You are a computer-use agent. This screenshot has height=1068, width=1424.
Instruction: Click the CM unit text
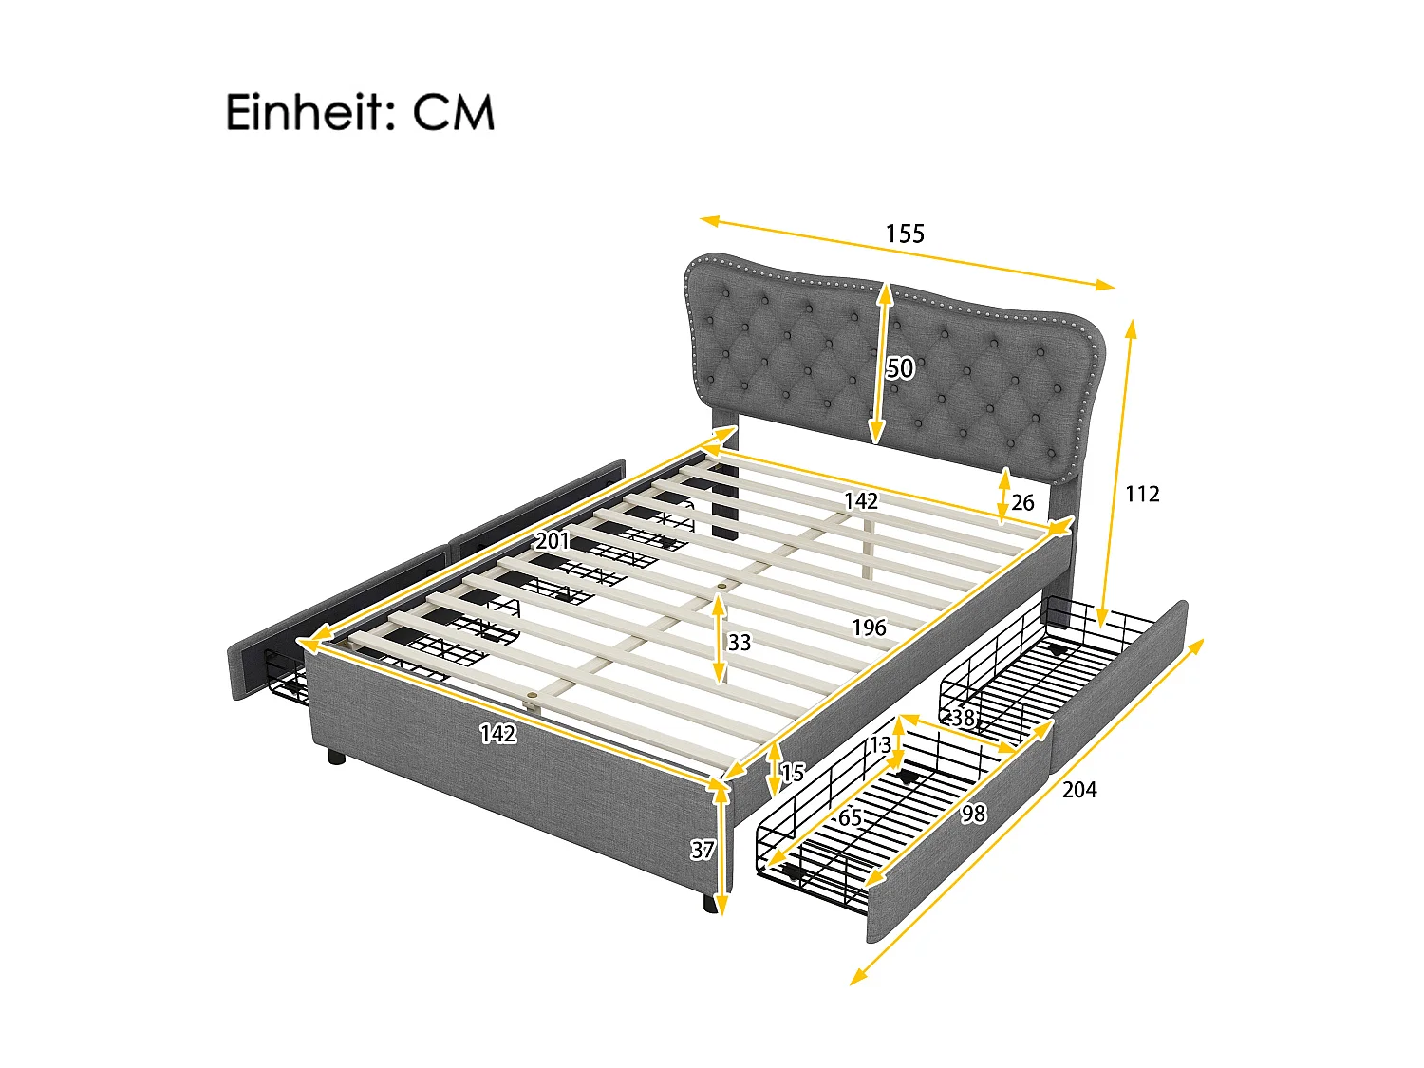tap(453, 113)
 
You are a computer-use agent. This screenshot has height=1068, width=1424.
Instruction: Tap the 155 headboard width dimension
tap(904, 234)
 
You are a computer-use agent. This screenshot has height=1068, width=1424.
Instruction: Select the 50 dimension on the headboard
tap(899, 367)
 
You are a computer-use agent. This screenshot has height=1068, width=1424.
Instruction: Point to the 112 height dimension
tap(1142, 494)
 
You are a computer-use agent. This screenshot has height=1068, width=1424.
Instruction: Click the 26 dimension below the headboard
tap(1022, 502)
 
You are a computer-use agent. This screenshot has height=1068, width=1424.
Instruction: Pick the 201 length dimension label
tap(553, 541)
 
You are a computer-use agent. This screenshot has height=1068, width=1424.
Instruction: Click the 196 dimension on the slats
tap(869, 628)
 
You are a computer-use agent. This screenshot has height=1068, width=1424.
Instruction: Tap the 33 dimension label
tap(740, 643)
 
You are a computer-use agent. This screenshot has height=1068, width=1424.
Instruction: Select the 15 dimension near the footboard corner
tap(793, 773)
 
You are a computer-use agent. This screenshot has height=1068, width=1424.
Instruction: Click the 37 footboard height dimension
tap(703, 851)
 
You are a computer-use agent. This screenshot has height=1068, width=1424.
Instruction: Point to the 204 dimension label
tap(1079, 789)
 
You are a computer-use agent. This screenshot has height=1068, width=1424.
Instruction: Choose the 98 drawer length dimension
tap(973, 814)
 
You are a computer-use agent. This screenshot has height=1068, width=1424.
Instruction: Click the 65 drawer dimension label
tap(851, 817)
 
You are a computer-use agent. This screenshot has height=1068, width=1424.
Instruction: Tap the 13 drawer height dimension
tap(881, 744)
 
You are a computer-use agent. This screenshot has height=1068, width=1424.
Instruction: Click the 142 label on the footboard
tap(497, 733)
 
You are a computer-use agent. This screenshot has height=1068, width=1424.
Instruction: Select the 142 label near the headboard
tap(861, 500)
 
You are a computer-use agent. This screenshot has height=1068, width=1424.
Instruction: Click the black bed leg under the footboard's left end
tap(335, 757)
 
